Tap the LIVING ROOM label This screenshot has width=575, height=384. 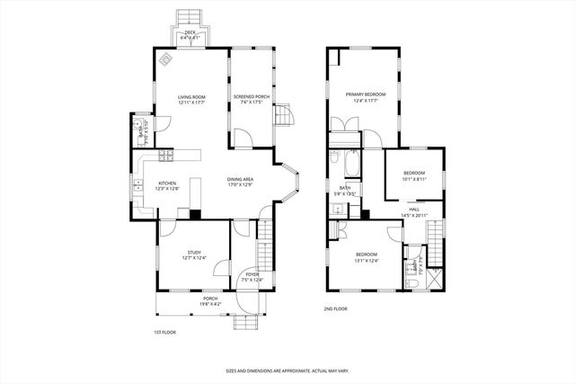(192, 99)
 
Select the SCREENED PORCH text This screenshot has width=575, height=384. (251, 99)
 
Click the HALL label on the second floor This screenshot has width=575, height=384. (414, 210)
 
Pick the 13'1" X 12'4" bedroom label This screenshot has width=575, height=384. (366, 257)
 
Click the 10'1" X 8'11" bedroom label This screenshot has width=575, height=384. (413, 175)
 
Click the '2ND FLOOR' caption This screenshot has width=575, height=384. (336, 308)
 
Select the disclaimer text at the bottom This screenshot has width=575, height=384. (287, 370)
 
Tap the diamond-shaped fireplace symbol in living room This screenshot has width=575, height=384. (166, 60)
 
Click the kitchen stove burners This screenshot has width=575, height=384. (166, 156)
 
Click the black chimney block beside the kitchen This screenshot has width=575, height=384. (195, 214)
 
